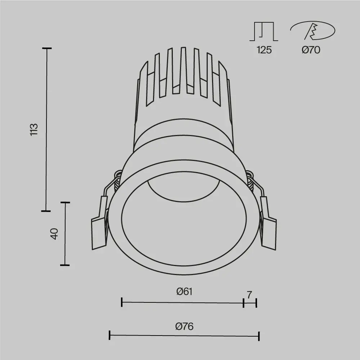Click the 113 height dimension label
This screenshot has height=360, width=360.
33,129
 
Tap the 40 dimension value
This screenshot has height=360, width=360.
54,234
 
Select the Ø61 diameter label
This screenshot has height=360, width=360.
185,291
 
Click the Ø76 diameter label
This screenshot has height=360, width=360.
184,326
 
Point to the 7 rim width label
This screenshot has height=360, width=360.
249,294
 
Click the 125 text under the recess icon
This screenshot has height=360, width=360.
264,50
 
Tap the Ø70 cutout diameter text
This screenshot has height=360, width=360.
311,50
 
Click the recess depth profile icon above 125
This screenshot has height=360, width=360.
264,32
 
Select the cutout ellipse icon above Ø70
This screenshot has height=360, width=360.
312,31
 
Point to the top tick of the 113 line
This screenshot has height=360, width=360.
46,48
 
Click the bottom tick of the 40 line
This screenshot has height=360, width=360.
65,265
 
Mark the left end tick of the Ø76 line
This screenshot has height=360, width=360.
109,336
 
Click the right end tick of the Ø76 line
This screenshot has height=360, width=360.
259,336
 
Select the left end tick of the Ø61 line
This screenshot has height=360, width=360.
122,302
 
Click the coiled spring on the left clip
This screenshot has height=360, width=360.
117,182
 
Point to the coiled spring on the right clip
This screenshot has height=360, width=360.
251,182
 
